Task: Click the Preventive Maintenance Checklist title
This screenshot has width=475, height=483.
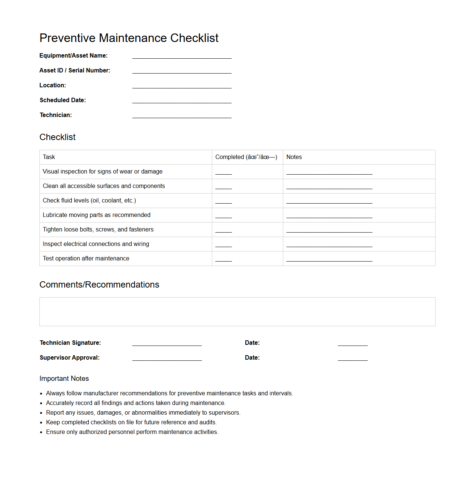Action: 129,38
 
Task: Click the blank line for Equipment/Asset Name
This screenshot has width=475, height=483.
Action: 182,56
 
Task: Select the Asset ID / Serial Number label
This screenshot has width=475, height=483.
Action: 75,71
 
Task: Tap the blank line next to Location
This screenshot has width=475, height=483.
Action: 182,86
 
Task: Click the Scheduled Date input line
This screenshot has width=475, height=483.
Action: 182,101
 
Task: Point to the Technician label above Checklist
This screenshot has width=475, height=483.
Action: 56,115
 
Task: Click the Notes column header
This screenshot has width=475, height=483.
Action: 294,157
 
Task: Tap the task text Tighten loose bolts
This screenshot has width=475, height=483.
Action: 98,230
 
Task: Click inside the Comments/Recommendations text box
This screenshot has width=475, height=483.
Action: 237,312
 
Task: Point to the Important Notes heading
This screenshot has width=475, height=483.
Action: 64,379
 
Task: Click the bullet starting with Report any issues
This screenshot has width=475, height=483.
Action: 143,413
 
